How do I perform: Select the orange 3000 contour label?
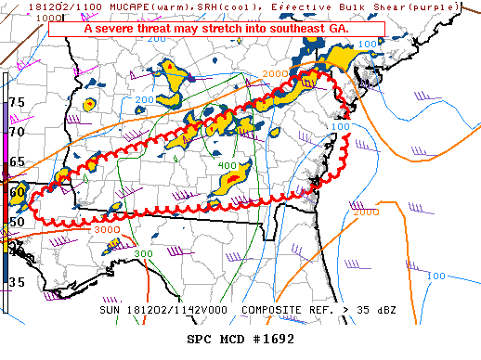tap(107, 229)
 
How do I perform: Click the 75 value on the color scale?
tap(17, 101)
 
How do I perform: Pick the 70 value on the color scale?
tap(17, 132)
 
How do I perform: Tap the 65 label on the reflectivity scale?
tap(17, 162)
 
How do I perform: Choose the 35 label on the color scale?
tap(17, 281)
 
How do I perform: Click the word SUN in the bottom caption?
tap(110, 308)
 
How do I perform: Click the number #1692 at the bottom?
tap(270, 339)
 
